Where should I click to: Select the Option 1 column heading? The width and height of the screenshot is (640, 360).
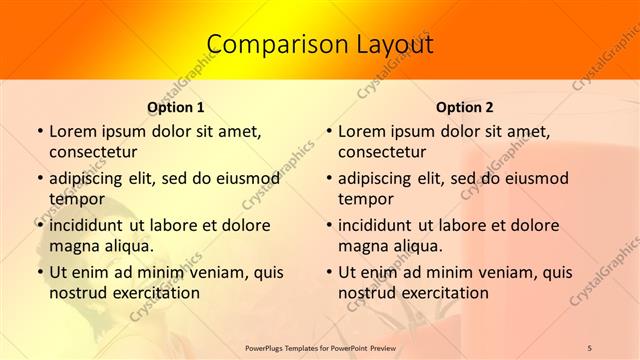pos(176,107)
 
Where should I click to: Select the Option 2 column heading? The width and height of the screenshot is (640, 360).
pos(465,107)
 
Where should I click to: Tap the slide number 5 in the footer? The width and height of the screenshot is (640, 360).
pos(590,347)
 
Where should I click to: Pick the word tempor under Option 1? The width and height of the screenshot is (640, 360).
pos(76,199)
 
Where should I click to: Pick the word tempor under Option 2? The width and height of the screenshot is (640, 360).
pos(365,199)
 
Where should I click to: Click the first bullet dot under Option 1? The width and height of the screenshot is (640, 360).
pos(40,132)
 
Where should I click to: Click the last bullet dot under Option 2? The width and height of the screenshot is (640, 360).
pos(329,273)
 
